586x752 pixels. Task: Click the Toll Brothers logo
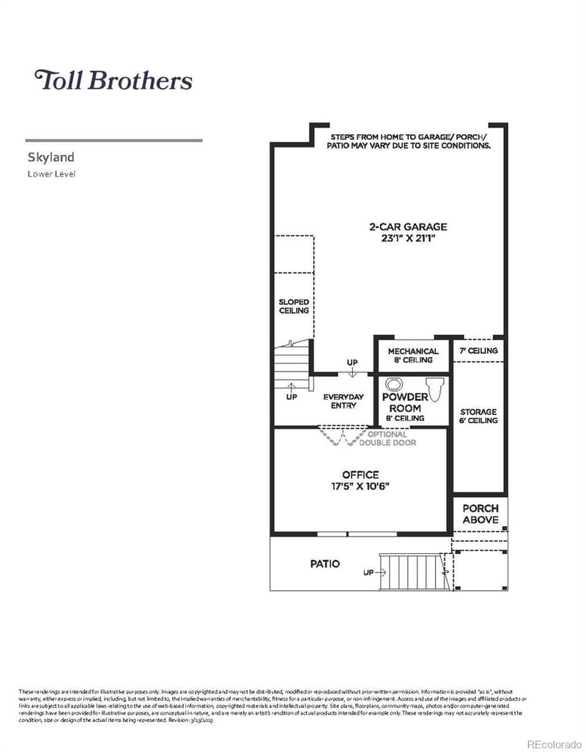point(114,80)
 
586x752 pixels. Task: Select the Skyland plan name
point(51,157)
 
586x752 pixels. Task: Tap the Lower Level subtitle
point(51,174)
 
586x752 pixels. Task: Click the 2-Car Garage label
point(407,226)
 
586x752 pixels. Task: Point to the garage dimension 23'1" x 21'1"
point(407,238)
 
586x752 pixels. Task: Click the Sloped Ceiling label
point(293,306)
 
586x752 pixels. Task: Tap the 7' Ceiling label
point(478,351)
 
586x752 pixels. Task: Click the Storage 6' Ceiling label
point(478,416)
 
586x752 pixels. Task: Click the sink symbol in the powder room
point(395,384)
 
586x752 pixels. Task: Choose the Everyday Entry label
point(344,401)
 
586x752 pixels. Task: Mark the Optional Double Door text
point(387,438)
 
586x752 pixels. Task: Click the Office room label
point(360,474)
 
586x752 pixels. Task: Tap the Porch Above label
point(481,514)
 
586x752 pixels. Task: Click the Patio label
point(324,564)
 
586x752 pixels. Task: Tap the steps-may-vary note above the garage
point(409,141)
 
